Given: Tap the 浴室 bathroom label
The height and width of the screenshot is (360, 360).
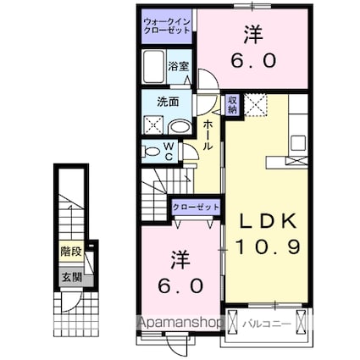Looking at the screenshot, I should [177, 65].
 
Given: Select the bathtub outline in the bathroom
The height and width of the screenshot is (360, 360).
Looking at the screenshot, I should [155, 65].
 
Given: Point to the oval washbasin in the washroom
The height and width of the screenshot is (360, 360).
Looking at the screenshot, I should [179, 127].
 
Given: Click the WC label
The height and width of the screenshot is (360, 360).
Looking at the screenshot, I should [169, 152].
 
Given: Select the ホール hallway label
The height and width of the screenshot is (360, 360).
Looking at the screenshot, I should [208, 136].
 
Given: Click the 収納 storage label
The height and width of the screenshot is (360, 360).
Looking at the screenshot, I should [232, 103].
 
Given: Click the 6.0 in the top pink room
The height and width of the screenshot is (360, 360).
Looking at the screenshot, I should [252, 62].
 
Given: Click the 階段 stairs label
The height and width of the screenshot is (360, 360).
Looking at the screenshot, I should [70, 251].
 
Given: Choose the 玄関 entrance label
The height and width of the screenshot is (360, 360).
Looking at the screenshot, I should [70, 276].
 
